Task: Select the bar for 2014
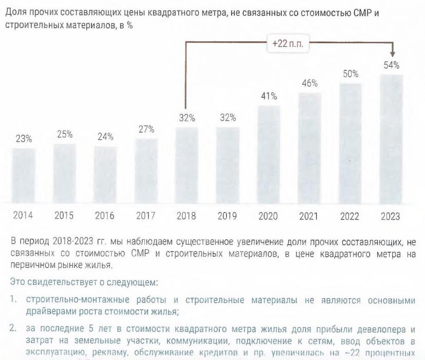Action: (24, 176)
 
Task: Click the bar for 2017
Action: (146, 171)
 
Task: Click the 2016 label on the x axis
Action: (105, 216)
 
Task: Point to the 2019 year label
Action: (227, 216)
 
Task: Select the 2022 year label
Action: (350, 216)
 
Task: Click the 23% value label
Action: (24, 139)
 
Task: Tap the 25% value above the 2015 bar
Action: (64, 135)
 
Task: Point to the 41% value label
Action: (268, 96)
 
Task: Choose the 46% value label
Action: (309, 83)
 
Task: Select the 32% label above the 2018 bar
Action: (187, 118)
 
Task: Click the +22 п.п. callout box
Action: (288, 44)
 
